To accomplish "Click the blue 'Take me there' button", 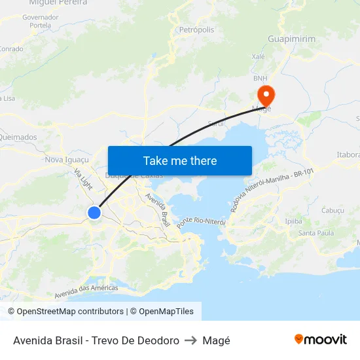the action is tap(179, 160).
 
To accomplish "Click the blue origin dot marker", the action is tap(94, 212).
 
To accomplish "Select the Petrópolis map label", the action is tap(196, 29).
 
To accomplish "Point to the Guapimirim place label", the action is tap(291, 39).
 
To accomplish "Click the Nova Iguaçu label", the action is tap(66, 159).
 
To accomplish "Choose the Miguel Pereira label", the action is tap(58, 3).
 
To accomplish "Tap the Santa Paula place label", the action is tap(316, 233).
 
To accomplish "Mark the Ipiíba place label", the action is tap(294, 221).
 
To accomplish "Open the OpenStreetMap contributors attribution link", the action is tap(70, 312).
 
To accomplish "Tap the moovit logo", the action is tap(321, 340).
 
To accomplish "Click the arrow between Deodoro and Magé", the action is tap(191, 340).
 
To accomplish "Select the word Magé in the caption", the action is tap(217, 340).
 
